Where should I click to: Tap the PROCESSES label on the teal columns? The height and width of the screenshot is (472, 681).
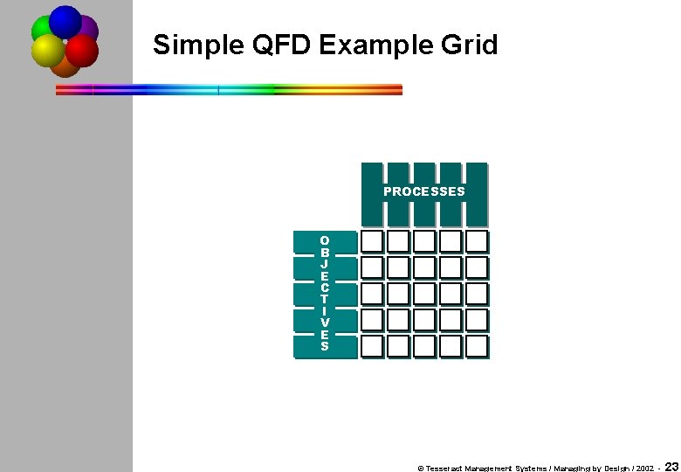tap(424, 191)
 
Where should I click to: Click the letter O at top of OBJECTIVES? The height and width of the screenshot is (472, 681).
tap(325, 240)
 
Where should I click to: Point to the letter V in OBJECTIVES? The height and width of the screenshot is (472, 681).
tap(325, 323)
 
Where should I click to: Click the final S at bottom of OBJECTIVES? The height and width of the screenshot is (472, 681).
tap(325, 346)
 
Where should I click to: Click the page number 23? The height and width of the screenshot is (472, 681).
tap(672, 467)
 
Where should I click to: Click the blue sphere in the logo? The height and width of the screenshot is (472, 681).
tap(65, 20)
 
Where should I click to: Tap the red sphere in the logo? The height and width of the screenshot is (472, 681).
tap(82, 51)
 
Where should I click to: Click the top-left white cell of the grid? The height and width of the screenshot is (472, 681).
tap(373, 241)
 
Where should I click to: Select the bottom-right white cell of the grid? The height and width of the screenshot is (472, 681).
tap(476, 346)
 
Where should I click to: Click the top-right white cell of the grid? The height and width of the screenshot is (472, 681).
tap(476, 241)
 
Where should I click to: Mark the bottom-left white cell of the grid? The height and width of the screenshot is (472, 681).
tap(373, 346)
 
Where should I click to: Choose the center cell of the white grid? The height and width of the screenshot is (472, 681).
tap(424, 294)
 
